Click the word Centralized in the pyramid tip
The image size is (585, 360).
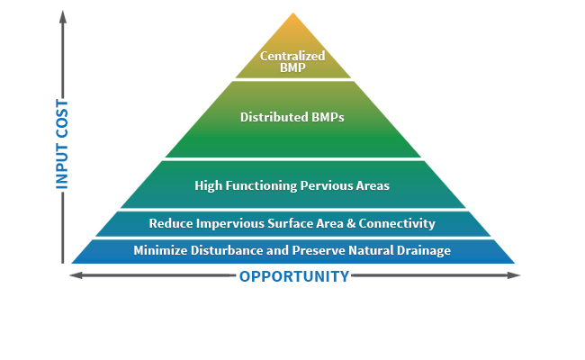pos(292,56)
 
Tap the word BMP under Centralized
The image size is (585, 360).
pos(292,67)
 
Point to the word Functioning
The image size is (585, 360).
pos(261,185)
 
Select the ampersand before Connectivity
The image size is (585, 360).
pos(351,223)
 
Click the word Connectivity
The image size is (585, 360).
pos(397,223)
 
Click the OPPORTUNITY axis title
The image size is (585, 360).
pos(294,276)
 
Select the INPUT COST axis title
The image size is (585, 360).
pos(62,144)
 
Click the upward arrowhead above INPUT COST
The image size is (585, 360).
pos(63,16)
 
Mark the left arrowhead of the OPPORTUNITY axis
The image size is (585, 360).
pos(76,275)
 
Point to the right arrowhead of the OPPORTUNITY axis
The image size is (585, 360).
pos(514,275)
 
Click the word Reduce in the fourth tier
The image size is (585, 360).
pos(171,223)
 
